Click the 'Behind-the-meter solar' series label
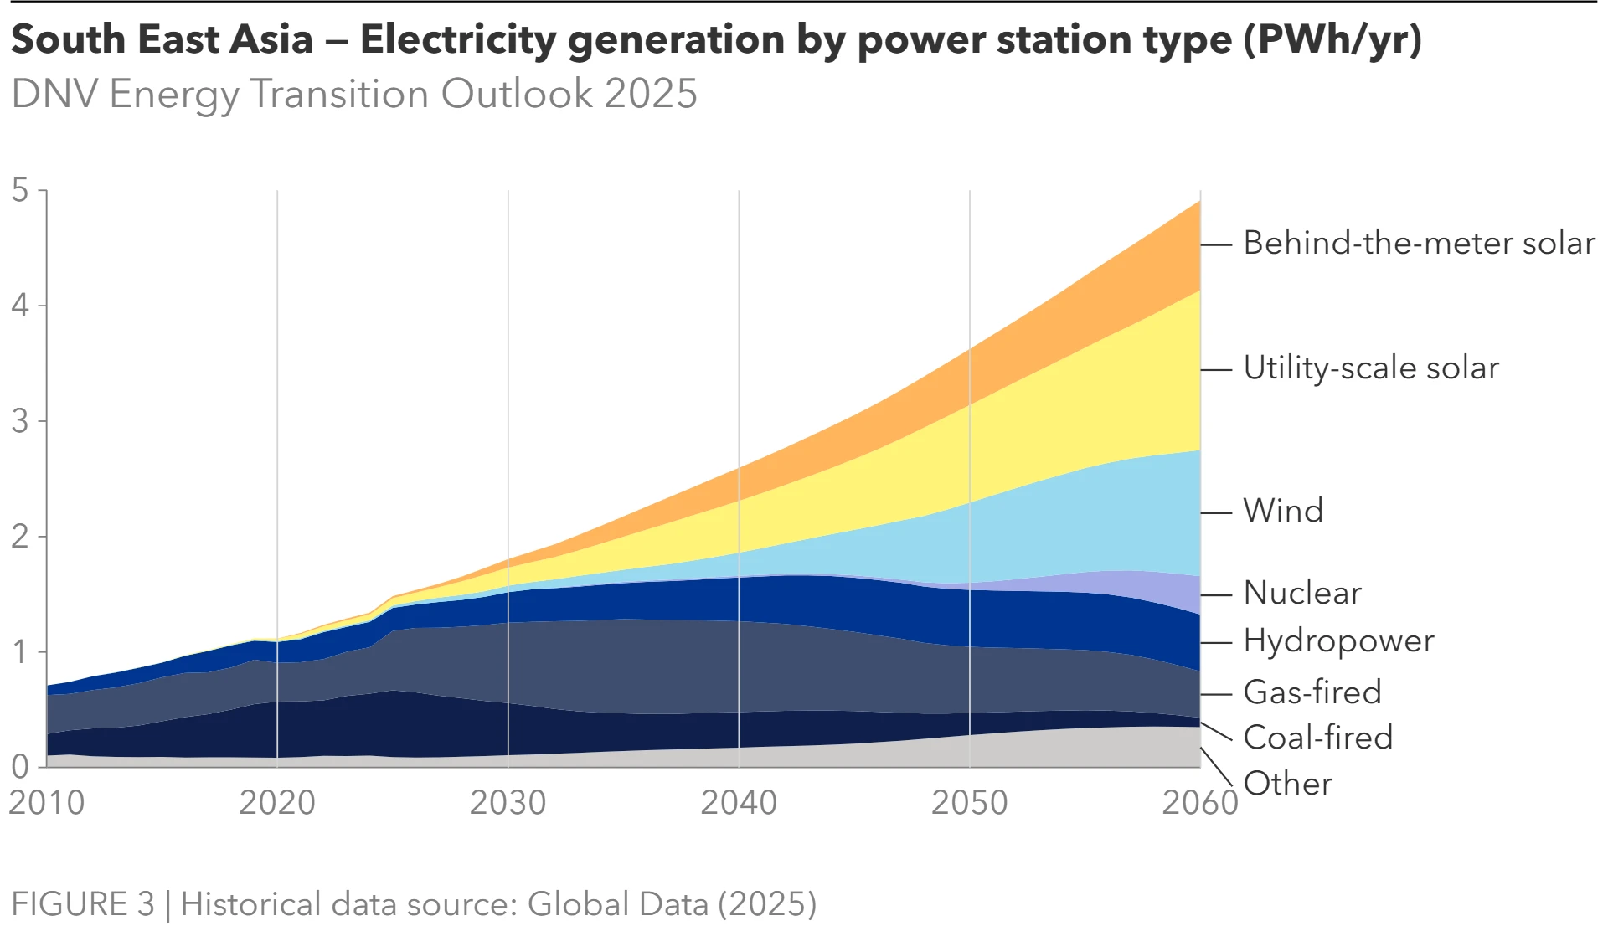point(1419,244)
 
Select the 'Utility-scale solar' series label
point(1371,368)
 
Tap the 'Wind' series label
point(1283,511)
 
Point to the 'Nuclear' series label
point(1302,593)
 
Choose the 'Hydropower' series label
point(1338,641)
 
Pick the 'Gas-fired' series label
point(1312,692)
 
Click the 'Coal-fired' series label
point(1318,738)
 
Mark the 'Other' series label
point(1288,784)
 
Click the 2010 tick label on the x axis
point(47,803)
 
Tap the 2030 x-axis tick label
point(508,803)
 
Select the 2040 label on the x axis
point(739,803)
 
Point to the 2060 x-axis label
point(1199,803)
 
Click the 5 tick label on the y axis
point(20,191)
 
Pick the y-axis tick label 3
point(20,421)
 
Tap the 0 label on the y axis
point(20,766)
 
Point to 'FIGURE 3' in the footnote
point(83,904)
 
